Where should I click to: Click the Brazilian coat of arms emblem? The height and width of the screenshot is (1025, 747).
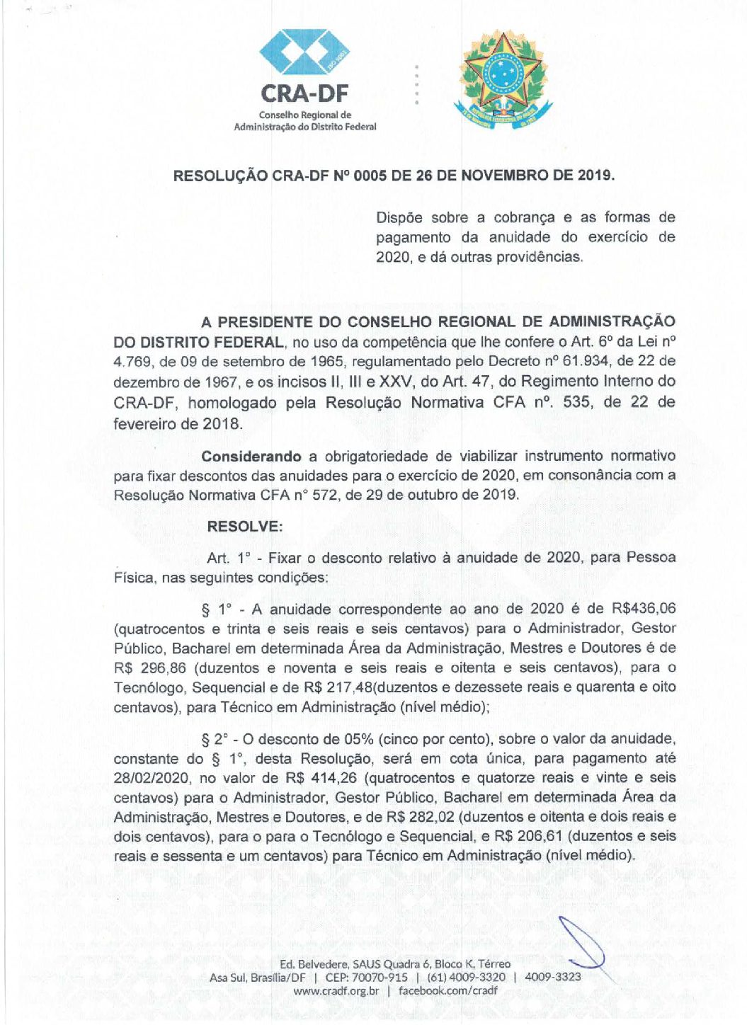503,80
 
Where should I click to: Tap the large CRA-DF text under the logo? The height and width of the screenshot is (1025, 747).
304,93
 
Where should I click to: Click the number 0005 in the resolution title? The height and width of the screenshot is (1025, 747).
370,176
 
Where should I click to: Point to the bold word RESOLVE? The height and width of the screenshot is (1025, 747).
245,527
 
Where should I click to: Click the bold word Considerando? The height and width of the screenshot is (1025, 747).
251,457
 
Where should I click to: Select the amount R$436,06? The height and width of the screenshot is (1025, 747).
643,609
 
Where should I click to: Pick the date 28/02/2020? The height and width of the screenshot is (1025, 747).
151,778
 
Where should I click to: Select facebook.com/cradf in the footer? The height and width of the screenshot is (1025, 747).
447,990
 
